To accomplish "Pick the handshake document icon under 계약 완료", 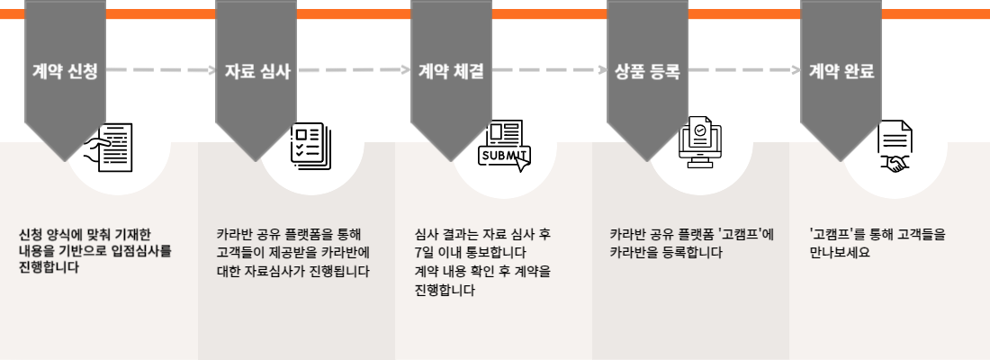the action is tap(895, 147).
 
